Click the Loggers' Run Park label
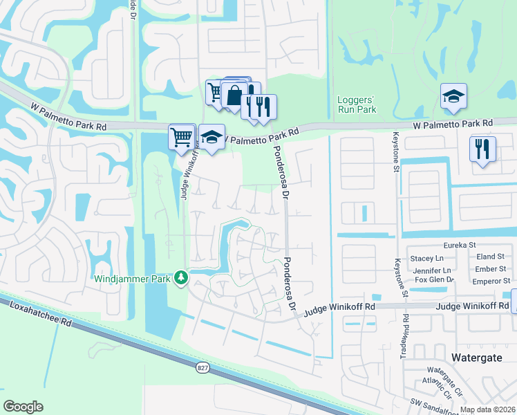point(356,104)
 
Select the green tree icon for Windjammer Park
point(181,277)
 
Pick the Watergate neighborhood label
point(480,357)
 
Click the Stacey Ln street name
point(427,258)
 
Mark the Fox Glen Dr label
point(433,279)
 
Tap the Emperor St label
point(491,281)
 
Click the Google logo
point(23,406)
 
